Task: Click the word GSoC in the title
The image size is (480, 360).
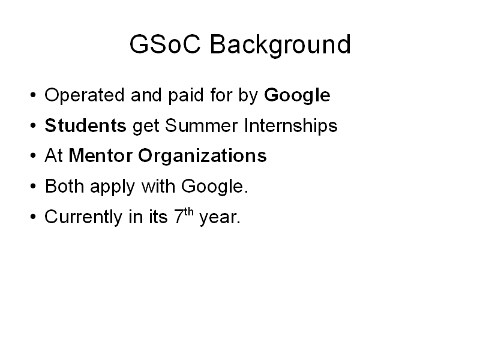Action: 165,44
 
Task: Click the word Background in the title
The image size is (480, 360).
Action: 280,46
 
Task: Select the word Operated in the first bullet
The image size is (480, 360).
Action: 85,96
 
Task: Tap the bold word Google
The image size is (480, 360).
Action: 297,96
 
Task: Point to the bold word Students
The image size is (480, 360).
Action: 85,125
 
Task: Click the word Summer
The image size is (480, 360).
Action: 202,125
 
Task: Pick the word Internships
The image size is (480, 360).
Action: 291,126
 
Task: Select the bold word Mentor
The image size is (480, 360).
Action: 101,155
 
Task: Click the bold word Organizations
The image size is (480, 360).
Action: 202,157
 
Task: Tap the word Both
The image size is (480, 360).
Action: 64,186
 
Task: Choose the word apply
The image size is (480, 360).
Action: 112,187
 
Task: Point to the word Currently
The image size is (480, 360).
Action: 83,218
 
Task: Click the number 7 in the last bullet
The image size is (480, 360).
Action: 179,217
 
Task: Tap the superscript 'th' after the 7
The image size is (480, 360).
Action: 189,212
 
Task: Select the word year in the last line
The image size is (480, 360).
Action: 218,218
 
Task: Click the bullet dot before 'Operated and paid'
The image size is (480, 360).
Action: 33,95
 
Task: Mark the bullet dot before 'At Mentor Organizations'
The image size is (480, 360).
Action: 33,155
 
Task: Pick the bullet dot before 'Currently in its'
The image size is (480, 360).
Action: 33,217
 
